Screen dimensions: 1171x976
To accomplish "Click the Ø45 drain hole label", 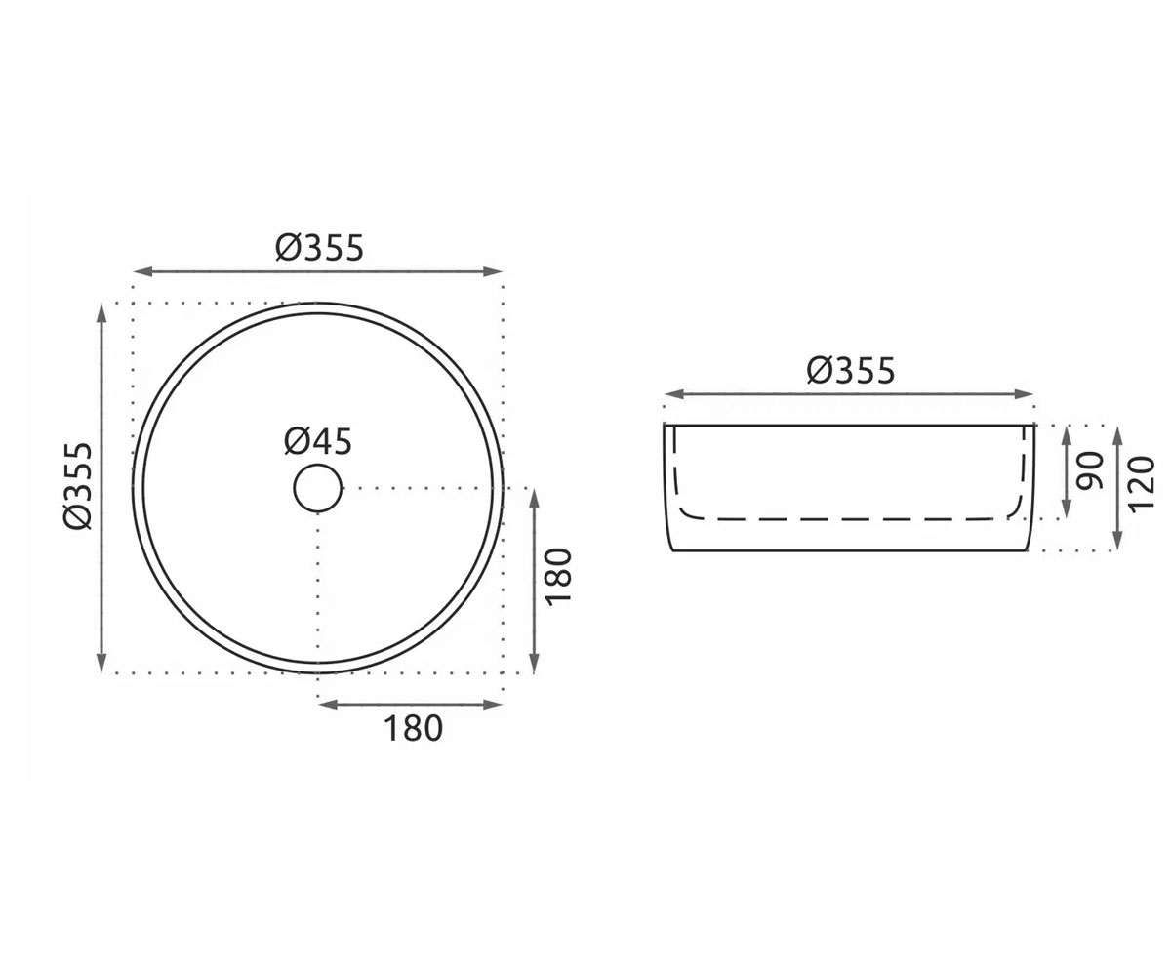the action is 318,442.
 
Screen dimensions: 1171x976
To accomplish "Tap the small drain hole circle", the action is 318,488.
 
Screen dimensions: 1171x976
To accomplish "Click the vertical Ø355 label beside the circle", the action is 78,486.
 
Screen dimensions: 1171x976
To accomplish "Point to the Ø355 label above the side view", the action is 851,371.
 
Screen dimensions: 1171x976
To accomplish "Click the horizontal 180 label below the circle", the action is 414,729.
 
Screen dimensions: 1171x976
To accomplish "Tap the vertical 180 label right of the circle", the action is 558,577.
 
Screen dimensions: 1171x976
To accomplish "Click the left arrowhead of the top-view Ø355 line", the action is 142,272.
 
